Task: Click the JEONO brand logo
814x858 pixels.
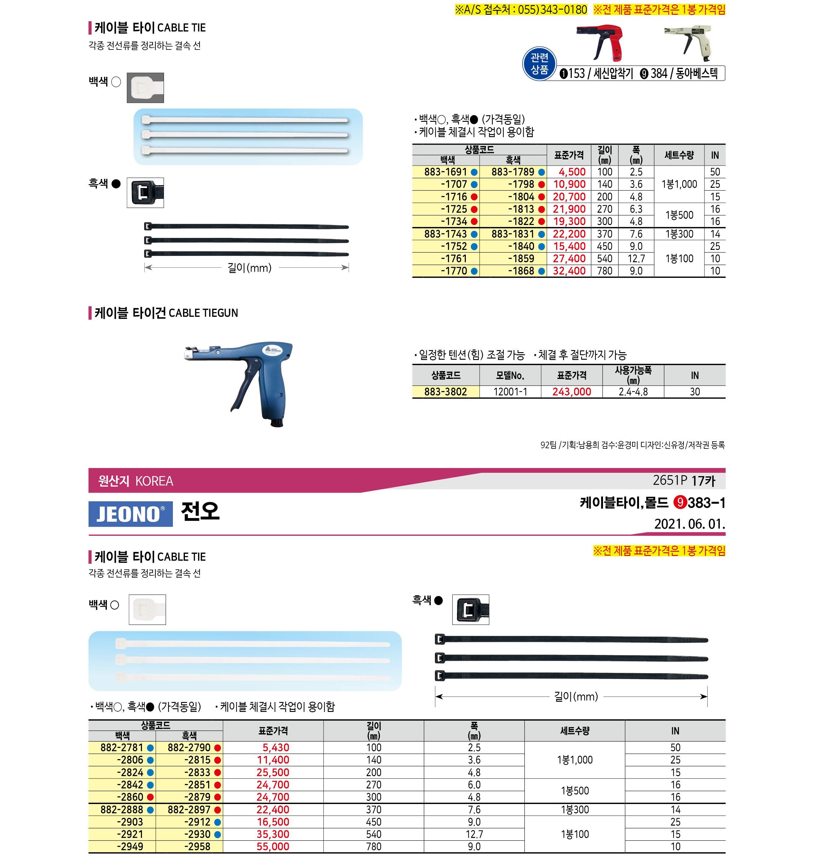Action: (x=130, y=514)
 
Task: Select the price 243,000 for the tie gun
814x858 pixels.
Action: (x=571, y=392)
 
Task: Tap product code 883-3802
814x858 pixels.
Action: (x=446, y=392)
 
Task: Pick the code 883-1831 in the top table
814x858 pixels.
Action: (x=513, y=234)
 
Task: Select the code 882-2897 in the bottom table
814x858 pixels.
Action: (x=189, y=809)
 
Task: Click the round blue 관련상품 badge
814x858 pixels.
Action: (x=539, y=64)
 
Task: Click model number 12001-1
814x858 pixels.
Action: (x=510, y=392)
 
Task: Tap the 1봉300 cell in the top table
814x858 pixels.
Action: (x=679, y=234)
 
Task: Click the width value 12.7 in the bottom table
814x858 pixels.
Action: (x=474, y=834)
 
